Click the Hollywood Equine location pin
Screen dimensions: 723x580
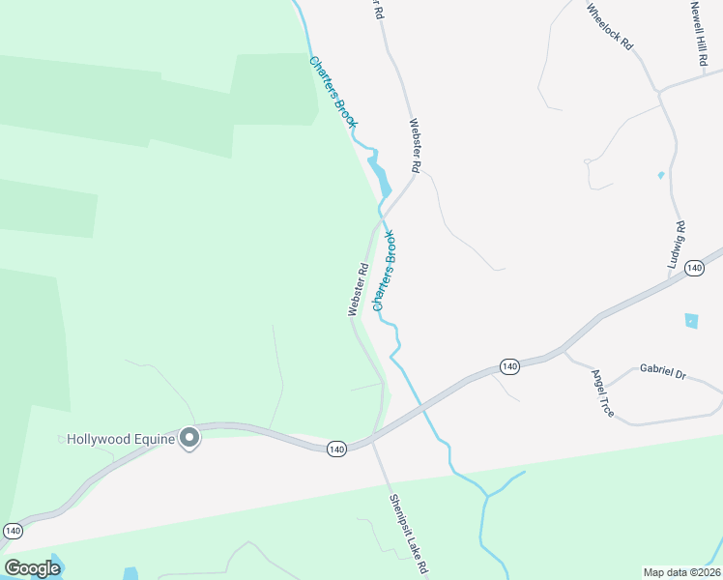[190, 438]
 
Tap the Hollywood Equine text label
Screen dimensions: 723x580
[120, 440]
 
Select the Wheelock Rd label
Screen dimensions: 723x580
[609, 26]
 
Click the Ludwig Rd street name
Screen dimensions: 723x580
[677, 245]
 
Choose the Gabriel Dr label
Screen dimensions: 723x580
[662, 371]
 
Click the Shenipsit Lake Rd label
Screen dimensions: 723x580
[409, 535]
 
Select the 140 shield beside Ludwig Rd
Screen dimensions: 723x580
[693, 268]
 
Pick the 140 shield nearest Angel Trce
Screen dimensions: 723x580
[509, 366]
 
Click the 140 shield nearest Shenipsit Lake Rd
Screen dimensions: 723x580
[335, 449]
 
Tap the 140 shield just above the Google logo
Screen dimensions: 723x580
[13, 531]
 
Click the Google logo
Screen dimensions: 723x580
[32, 567]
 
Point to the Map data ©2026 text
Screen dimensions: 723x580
[682, 572]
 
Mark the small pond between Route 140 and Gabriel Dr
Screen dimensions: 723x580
[691, 320]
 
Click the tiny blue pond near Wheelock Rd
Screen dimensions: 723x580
[661, 175]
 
